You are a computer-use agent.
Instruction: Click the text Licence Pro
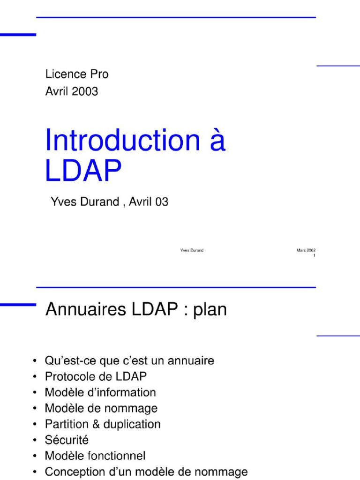77,74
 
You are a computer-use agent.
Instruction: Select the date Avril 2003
72,91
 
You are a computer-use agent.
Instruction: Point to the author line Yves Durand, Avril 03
109,202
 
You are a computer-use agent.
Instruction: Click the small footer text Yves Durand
192,250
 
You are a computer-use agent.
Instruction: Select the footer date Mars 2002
306,250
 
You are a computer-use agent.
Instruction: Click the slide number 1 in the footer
314,256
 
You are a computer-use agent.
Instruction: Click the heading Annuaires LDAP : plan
136,310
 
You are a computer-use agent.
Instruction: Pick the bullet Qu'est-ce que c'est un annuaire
129,361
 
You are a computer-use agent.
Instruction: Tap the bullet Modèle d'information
100,392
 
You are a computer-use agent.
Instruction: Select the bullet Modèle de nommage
101,408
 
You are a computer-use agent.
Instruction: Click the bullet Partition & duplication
103,424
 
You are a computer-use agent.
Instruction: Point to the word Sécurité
67,440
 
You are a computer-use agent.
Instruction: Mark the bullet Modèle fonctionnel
95,456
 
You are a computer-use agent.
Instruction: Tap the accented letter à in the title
217,141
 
